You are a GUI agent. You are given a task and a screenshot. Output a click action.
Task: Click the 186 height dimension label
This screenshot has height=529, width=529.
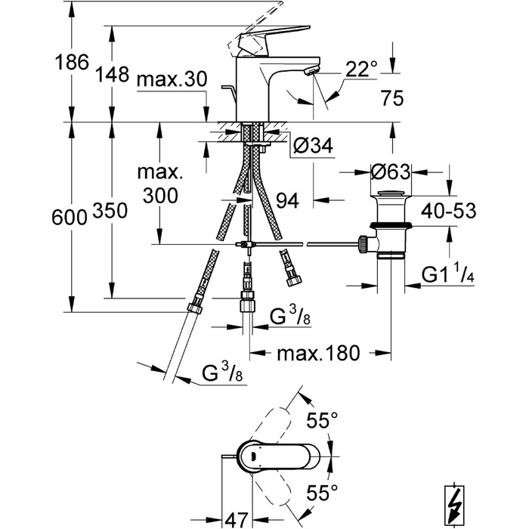(x=72, y=62)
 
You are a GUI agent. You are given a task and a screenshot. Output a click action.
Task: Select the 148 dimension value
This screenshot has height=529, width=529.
(x=112, y=74)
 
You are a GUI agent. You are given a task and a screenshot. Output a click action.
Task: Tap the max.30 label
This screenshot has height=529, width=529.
(x=172, y=79)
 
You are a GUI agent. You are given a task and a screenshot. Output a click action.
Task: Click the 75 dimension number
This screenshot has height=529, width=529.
(x=391, y=98)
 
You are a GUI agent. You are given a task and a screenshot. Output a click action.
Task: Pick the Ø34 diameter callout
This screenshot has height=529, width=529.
(x=313, y=145)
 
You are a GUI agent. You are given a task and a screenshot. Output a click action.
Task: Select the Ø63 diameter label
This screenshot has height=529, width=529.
(x=391, y=172)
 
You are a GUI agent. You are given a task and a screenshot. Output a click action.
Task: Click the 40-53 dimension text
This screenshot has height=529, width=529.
(x=448, y=211)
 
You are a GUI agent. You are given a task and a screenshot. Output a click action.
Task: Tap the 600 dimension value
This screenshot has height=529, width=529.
(x=70, y=217)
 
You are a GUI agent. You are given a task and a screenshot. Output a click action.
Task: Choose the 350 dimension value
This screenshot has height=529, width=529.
(x=110, y=211)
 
